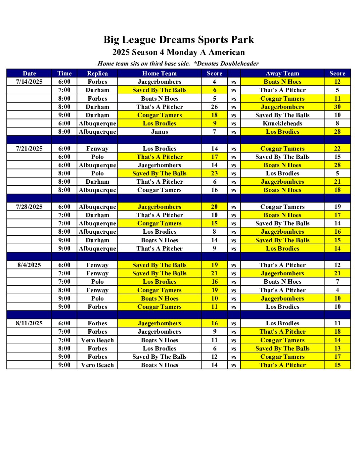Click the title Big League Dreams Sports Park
pyautogui.click(x=179, y=40)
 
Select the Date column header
pyautogui.click(x=29, y=73)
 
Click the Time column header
pyautogui.click(x=64, y=73)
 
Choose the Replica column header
pyautogui.click(x=97, y=73)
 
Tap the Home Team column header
pyautogui.click(x=159, y=73)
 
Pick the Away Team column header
pyautogui.click(x=282, y=73)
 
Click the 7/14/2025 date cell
pyautogui.click(x=29, y=82)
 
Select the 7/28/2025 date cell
pyautogui.click(x=29, y=207)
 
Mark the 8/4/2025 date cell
pyautogui.click(x=29, y=265)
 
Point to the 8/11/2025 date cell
pyautogui.click(x=29, y=323)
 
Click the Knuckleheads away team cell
pyautogui.click(x=282, y=123)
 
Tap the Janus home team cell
pyautogui.click(x=159, y=132)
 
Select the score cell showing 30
pyautogui.click(x=337, y=107)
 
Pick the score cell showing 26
pyautogui.click(x=214, y=107)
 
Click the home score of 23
pyautogui.click(x=214, y=173)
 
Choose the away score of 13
pyautogui.click(x=337, y=349)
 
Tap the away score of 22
pyautogui.click(x=337, y=149)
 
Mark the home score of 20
pyautogui.click(x=214, y=207)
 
